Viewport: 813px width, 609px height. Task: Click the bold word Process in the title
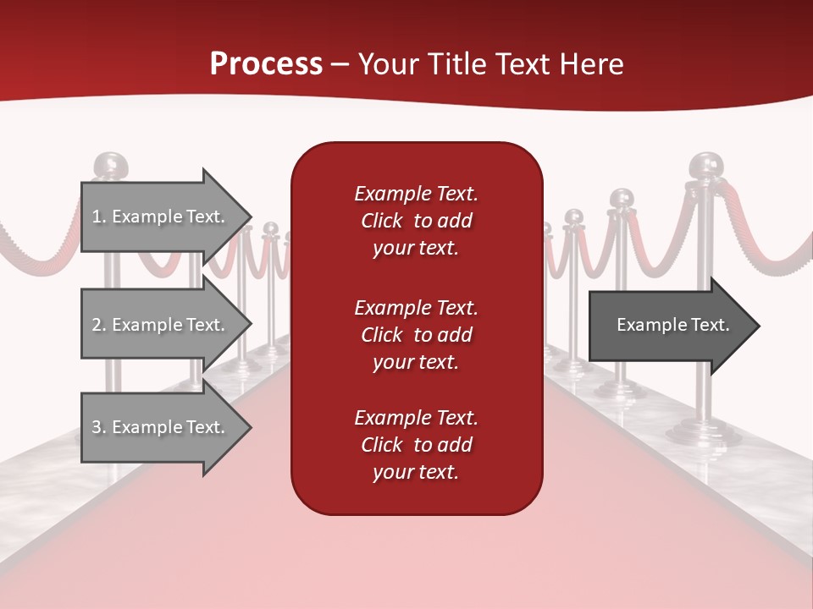[266, 64]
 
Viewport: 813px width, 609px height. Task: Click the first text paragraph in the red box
[416, 221]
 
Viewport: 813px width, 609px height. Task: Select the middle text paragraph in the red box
[416, 335]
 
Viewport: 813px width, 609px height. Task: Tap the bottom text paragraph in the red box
[416, 445]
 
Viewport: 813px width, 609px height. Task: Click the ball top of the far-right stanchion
[705, 165]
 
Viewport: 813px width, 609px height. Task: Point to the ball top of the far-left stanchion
[108, 166]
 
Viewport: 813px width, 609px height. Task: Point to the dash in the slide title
[340, 66]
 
